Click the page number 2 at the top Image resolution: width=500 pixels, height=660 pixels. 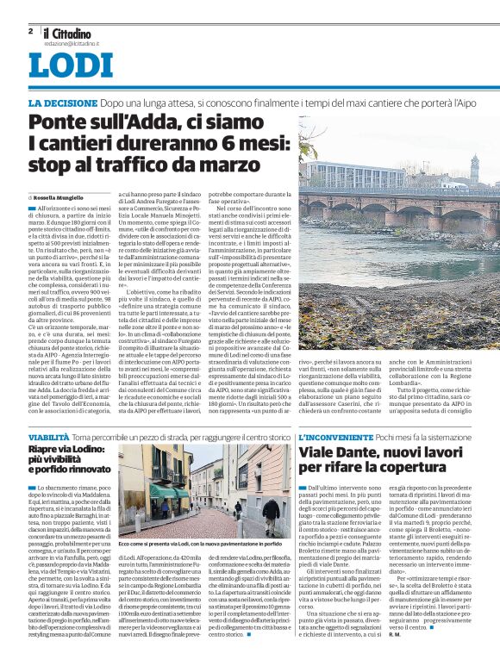31,31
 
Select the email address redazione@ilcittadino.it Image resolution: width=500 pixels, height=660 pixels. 72,42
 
